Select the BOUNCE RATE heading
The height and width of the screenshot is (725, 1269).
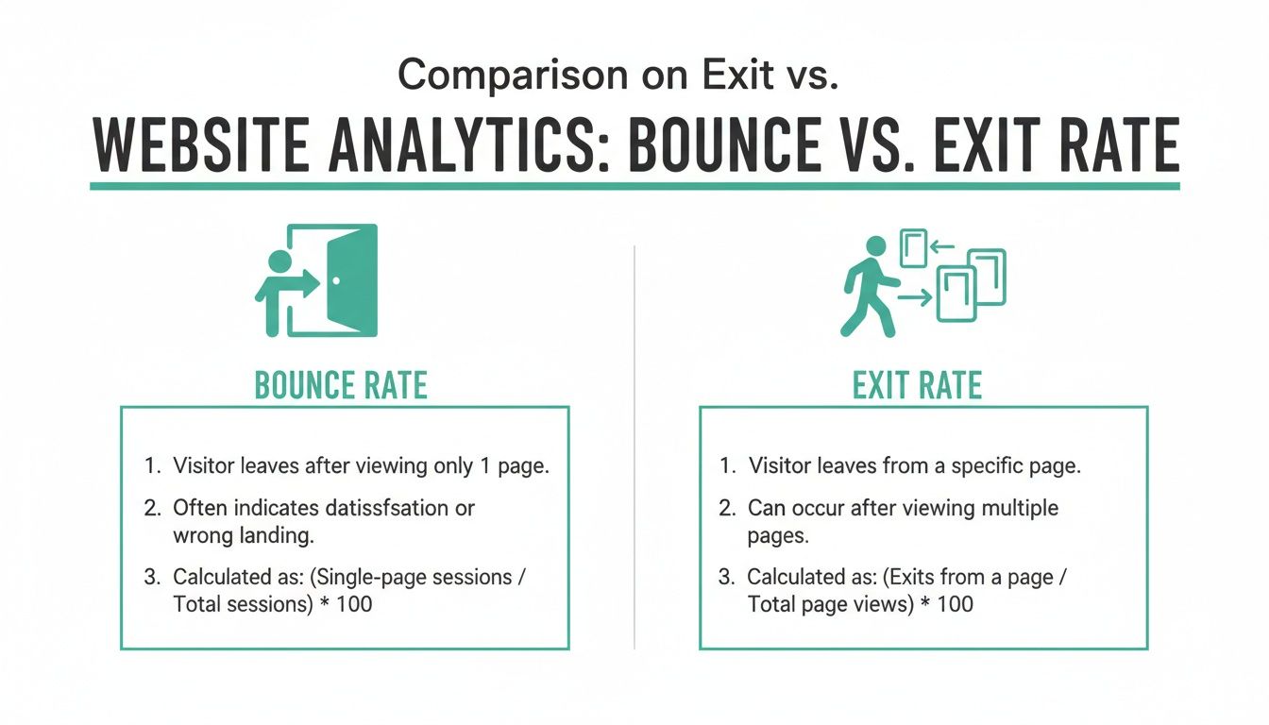click(341, 385)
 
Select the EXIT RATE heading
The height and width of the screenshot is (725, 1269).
click(917, 385)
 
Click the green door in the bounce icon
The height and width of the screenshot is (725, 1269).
click(352, 280)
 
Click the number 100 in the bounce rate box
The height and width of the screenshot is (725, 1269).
click(354, 603)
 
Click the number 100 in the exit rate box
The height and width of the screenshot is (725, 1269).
click(955, 603)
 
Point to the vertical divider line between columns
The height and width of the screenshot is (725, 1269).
click(634, 444)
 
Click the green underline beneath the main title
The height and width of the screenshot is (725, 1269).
click(634, 186)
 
